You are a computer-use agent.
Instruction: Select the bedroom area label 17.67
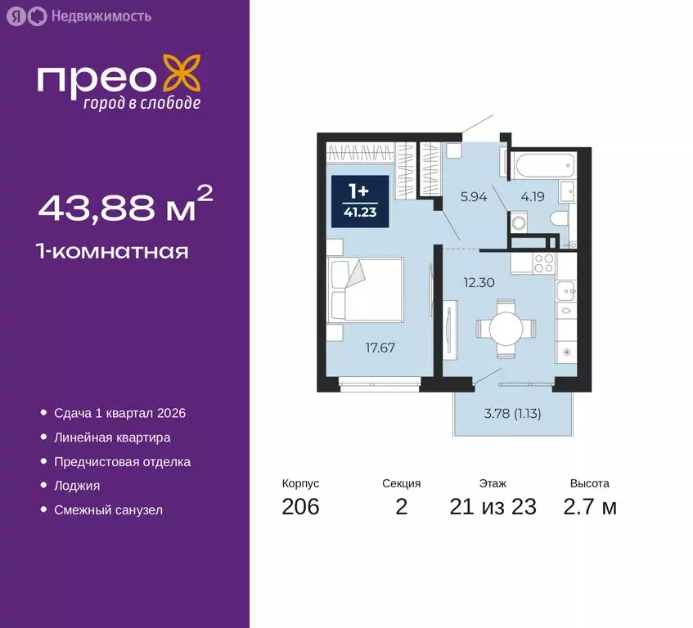click(x=379, y=347)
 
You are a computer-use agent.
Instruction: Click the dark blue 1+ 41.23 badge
click(x=358, y=200)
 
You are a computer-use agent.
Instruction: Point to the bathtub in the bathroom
click(x=543, y=166)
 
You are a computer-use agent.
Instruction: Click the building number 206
click(x=300, y=507)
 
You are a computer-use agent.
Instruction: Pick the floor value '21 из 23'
click(x=493, y=507)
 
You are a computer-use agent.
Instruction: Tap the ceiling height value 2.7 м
click(x=589, y=507)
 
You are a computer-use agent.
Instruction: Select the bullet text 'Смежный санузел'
click(x=108, y=509)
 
